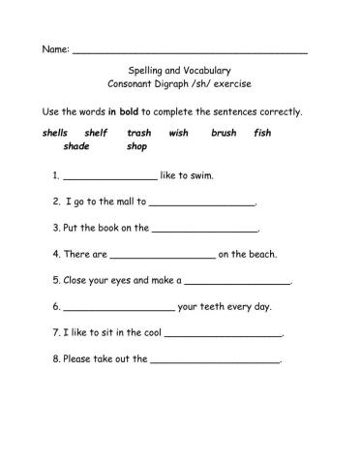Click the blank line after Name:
tap(190, 49)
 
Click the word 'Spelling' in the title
tap(147, 70)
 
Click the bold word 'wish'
tap(178, 132)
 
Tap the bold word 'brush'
tap(224, 132)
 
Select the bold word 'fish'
tap(262, 132)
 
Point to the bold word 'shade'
tap(76, 147)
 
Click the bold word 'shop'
tap(136, 147)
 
